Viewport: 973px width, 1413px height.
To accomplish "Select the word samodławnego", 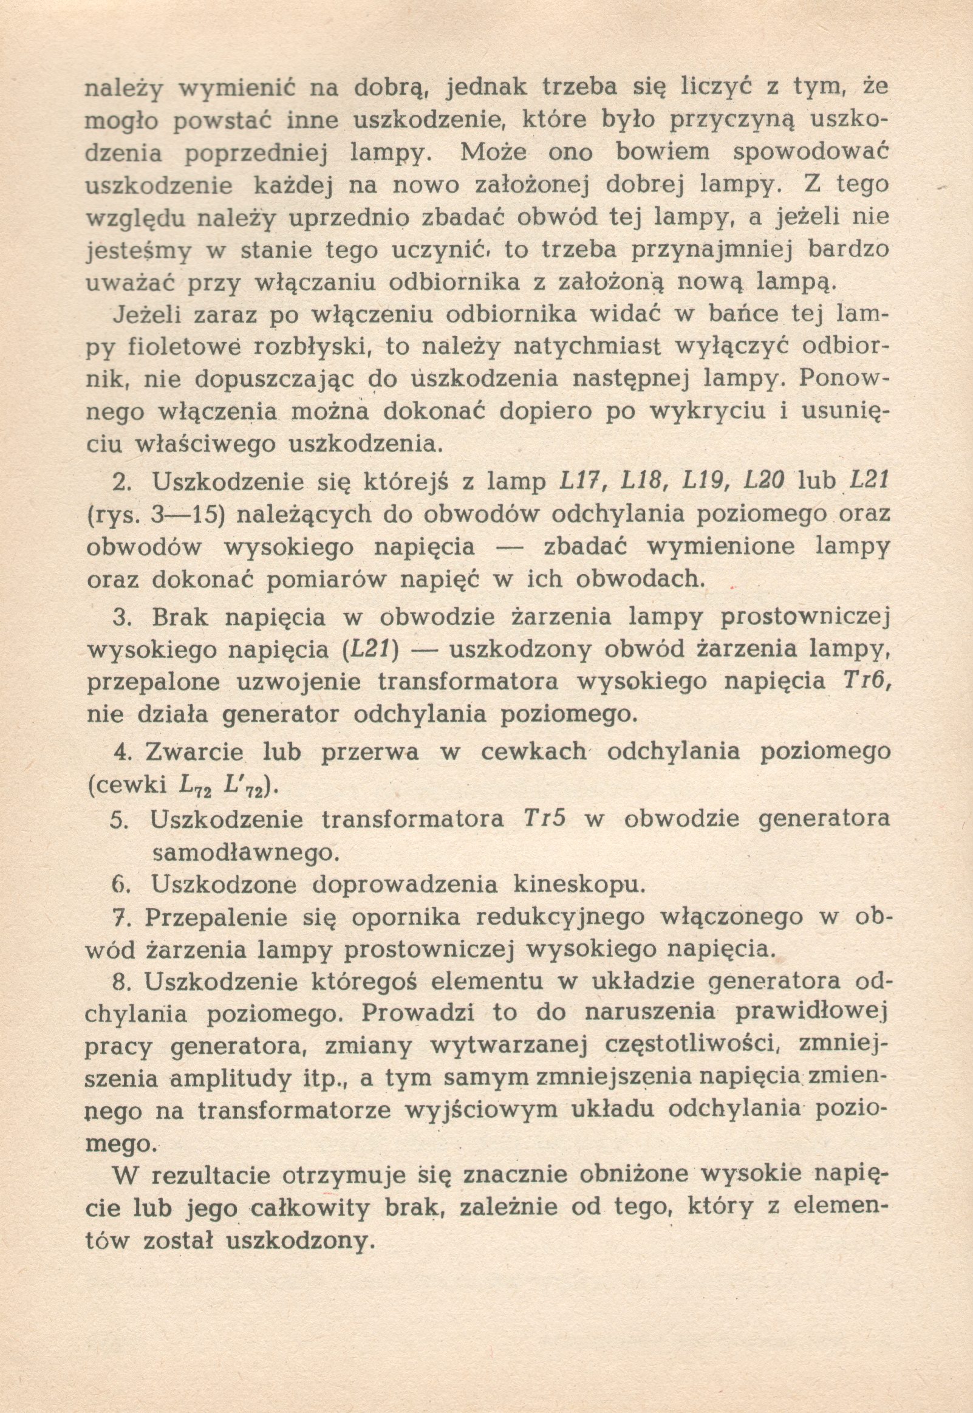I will pyautogui.click(x=245, y=852).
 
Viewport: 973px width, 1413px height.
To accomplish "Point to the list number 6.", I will pyautogui.click(x=118, y=884).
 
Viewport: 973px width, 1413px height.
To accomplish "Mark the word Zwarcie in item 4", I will pyautogui.click(x=194, y=751).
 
